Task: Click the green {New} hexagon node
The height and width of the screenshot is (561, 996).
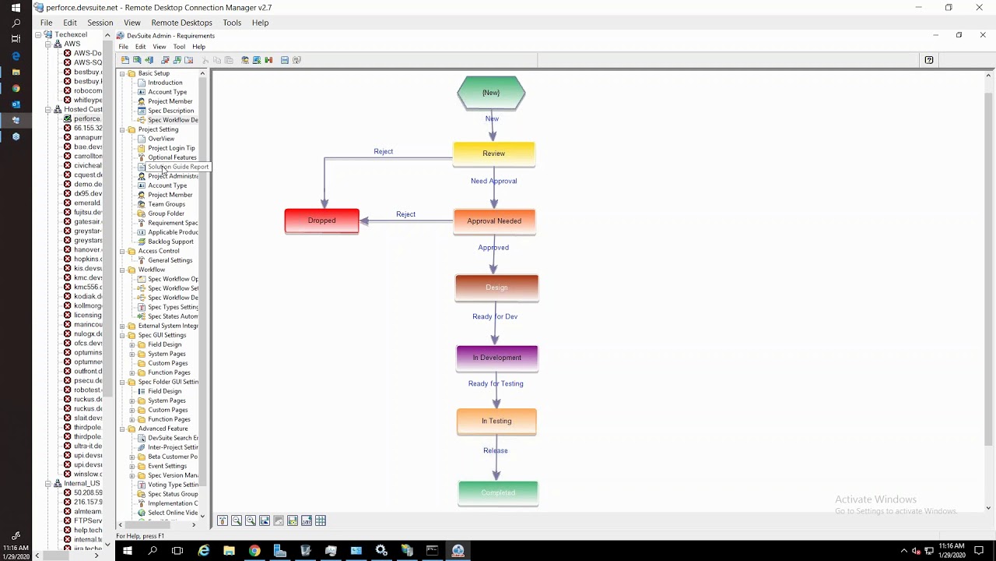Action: click(x=491, y=93)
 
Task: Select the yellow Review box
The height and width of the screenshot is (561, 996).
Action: click(x=493, y=153)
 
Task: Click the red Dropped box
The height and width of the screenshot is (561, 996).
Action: click(x=321, y=221)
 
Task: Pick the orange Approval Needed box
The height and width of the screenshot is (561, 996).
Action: click(x=494, y=221)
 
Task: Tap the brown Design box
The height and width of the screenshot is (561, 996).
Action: click(x=496, y=288)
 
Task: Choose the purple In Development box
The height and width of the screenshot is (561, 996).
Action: click(x=496, y=358)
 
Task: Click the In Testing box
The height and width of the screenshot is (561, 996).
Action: click(x=496, y=422)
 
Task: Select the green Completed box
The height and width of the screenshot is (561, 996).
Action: click(x=498, y=492)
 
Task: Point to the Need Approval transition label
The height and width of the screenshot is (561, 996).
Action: click(x=493, y=181)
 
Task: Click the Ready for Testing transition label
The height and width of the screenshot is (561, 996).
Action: click(x=496, y=383)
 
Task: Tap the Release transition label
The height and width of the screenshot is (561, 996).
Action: click(x=495, y=450)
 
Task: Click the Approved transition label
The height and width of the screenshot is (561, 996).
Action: click(x=493, y=248)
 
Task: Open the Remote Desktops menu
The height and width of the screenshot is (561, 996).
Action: click(x=181, y=23)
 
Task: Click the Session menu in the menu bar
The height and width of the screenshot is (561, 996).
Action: click(x=100, y=23)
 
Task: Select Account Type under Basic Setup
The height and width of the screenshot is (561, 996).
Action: click(x=167, y=92)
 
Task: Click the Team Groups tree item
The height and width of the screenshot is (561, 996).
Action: click(x=167, y=204)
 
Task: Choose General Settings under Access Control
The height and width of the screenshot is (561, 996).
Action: click(x=170, y=260)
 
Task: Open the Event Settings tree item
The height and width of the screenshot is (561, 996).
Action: click(x=167, y=466)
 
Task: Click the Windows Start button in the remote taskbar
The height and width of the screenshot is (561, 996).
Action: click(x=127, y=551)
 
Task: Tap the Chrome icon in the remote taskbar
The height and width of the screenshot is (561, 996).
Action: click(x=254, y=551)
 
